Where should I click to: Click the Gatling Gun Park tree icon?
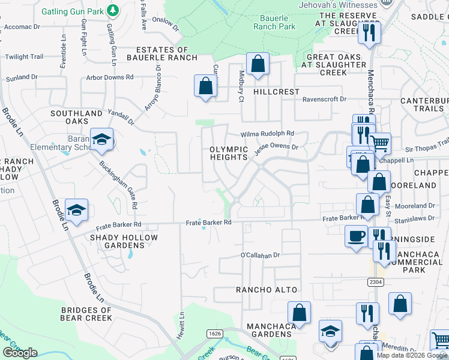tap(112, 10)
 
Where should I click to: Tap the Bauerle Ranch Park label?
tap(274, 22)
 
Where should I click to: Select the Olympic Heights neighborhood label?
tap(229, 153)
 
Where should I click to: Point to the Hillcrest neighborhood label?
tap(276, 92)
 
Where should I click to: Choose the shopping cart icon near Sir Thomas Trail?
tap(379, 143)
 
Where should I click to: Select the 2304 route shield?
tap(375, 281)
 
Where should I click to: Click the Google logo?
tap(20, 353)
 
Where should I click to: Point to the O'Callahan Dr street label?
tap(261, 255)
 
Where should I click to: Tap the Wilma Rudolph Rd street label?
tap(268, 134)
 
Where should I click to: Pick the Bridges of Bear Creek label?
tap(78, 314)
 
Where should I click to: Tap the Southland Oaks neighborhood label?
tap(76, 117)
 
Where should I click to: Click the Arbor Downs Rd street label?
tap(110, 77)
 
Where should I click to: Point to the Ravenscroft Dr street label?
tap(324, 99)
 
